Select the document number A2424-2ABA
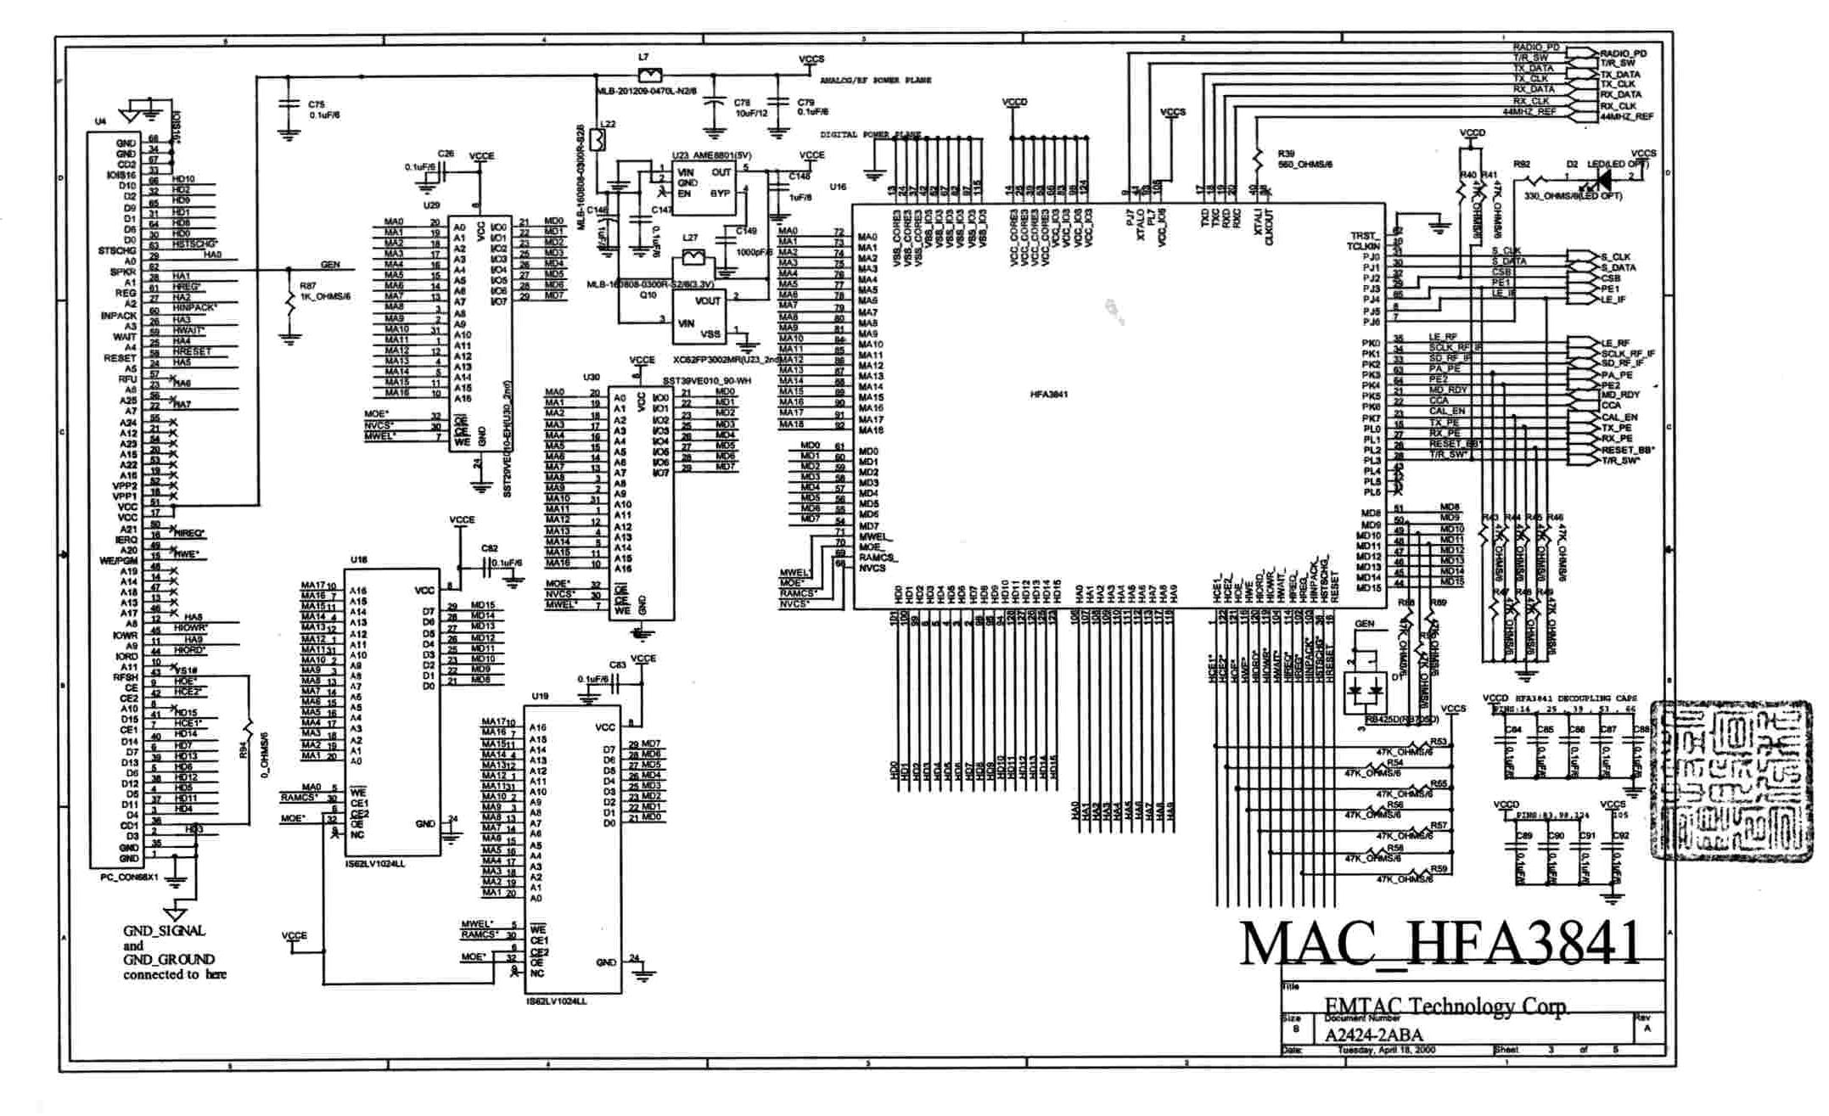pyautogui.click(x=1373, y=1035)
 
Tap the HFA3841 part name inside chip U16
pyautogui.click(x=1049, y=395)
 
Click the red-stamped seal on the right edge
pyautogui.click(x=1731, y=781)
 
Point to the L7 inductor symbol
pyautogui.click(x=650, y=76)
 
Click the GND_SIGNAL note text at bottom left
pyautogui.click(x=164, y=931)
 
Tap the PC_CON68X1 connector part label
pyautogui.click(x=129, y=877)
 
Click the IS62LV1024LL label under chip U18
pyautogui.click(x=375, y=864)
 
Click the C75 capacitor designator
pyautogui.click(x=316, y=104)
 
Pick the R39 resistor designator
pyautogui.click(x=1285, y=154)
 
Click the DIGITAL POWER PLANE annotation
pyautogui.click(x=870, y=135)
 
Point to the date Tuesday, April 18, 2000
pyautogui.click(x=1386, y=1050)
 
